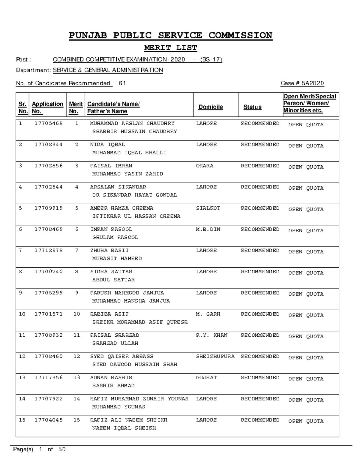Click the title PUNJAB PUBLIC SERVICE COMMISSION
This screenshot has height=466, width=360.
click(x=170, y=35)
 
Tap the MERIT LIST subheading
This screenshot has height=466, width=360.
click(x=170, y=48)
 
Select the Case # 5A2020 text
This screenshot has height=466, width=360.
click(x=302, y=83)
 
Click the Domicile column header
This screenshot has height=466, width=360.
click(x=211, y=107)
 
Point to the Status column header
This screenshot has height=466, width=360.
click(x=252, y=107)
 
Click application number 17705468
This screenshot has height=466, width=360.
click(x=49, y=123)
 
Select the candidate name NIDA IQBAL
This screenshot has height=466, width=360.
click(x=108, y=145)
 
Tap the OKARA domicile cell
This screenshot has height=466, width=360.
click(x=205, y=166)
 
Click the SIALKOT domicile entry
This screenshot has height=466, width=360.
click(x=208, y=208)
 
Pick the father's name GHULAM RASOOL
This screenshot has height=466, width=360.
click(x=115, y=237)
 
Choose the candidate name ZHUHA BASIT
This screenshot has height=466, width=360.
click(x=109, y=251)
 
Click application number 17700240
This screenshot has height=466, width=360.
click(x=49, y=272)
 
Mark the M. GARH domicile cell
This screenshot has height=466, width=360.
click(x=208, y=314)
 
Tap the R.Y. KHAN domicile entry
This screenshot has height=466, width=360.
click(x=211, y=335)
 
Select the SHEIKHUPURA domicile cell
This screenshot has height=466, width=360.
click(x=215, y=356)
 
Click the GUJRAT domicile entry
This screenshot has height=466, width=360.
click(x=206, y=377)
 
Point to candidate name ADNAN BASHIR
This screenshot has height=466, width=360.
click(x=111, y=377)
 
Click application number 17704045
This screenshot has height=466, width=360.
click(x=49, y=420)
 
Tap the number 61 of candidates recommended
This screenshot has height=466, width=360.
click(x=122, y=83)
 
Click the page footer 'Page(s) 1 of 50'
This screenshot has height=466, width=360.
click(x=39, y=449)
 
